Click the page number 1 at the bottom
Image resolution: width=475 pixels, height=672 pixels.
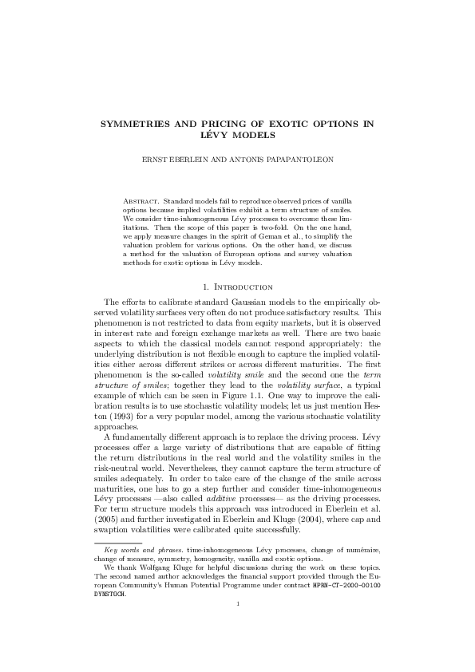[237, 626]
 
